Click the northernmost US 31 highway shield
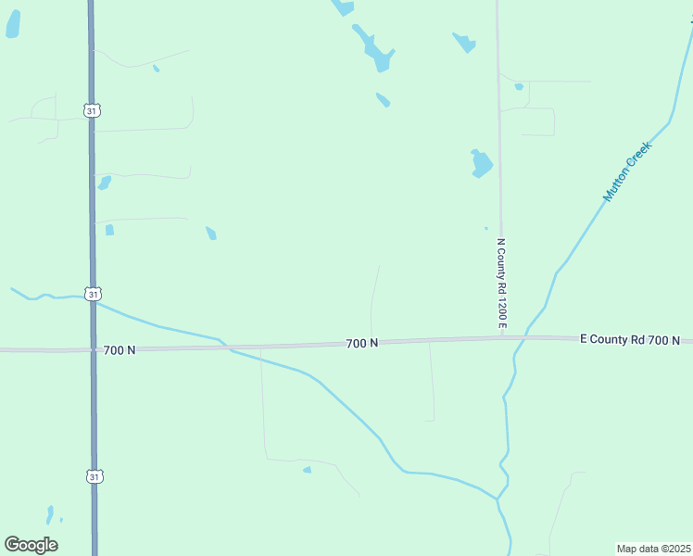[91, 111]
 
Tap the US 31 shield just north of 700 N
[91, 294]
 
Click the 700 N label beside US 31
[120, 350]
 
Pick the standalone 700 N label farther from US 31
[362, 344]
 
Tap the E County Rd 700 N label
[630, 340]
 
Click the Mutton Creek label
[628, 171]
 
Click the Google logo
[31, 545]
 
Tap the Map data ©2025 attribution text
[653, 549]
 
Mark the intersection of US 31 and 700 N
[92, 350]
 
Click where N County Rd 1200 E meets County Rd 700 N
[500, 339]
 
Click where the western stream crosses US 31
[92, 298]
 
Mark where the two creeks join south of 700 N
[498, 499]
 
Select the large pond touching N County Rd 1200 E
[481, 164]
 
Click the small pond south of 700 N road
[307, 470]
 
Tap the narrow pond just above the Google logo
[50, 514]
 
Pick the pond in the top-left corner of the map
[12, 25]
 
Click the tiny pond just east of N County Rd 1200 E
[519, 87]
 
